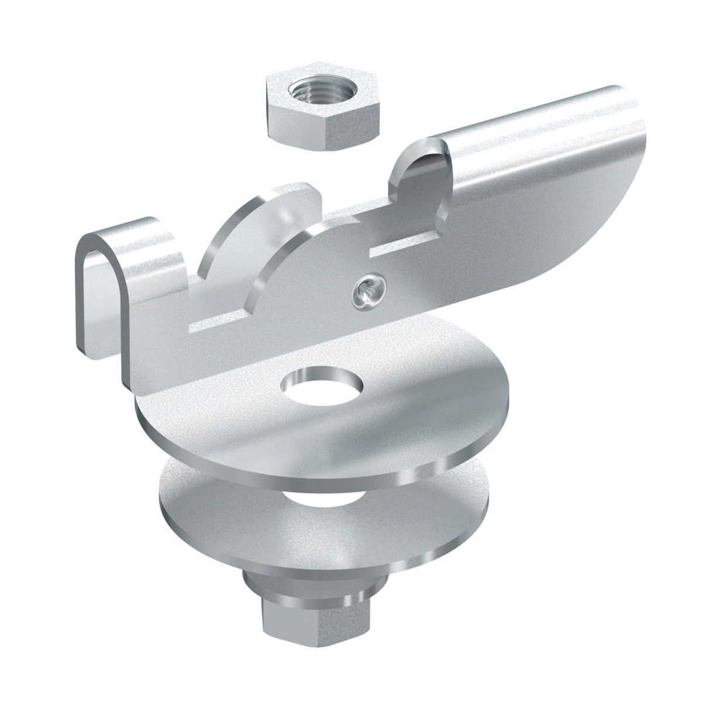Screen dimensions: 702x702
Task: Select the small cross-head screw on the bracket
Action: (x=367, y=291)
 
